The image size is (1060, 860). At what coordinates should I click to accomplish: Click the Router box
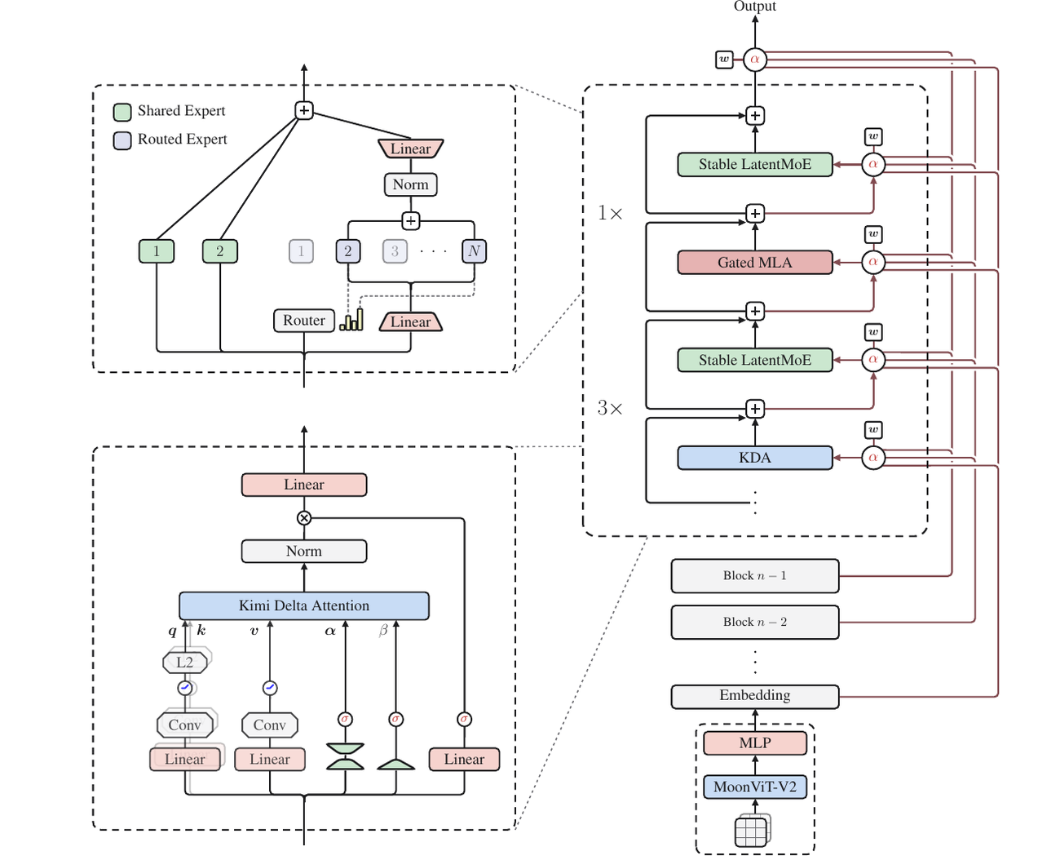point(303,320)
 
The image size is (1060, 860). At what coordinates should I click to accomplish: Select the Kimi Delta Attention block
point(303,605)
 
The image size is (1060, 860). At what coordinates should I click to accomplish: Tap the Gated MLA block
point(754,262)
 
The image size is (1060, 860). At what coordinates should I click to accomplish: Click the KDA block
point(754,458)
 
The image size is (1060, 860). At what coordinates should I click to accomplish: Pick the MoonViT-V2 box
point(754,787)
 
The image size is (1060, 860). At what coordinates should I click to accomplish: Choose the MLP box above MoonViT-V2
point(754,743)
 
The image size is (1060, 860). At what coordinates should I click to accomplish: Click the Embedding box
point(754,696)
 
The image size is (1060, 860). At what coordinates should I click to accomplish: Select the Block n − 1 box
point(754,576)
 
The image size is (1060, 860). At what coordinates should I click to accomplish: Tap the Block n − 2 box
point(754,622)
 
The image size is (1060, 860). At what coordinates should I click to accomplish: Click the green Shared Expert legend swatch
point(122,112)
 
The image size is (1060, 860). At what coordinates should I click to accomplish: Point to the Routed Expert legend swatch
point(122,140)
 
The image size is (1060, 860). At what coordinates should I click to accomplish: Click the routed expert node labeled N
point(474,251)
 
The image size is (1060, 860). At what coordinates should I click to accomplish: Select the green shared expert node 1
point(157,251)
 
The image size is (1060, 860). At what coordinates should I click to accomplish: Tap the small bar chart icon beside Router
point(351,320)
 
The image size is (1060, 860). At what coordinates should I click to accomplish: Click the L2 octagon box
point(184,663)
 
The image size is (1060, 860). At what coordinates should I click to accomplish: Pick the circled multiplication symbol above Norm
point(304,518)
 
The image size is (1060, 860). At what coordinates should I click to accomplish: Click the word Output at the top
point(754,6)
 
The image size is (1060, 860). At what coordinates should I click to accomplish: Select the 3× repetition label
point(610,408)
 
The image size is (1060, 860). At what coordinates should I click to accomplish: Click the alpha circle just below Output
point(754,60)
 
